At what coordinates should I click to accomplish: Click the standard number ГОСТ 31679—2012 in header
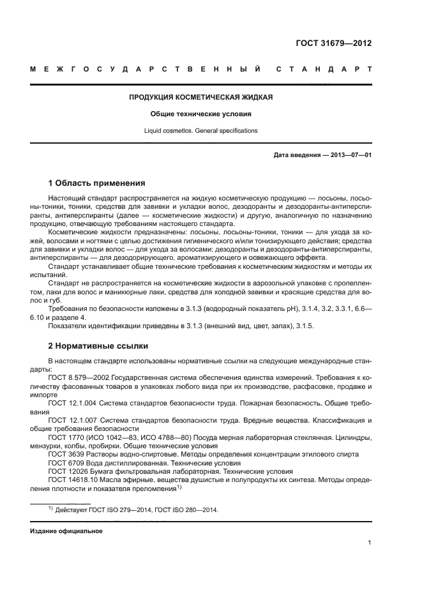[333, 43]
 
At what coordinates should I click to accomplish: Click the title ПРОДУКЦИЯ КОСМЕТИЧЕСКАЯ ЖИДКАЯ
[201, 98]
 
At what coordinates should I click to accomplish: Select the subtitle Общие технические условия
[201, 114]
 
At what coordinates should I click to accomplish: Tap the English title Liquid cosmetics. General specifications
[201, 130]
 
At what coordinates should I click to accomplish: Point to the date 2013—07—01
[350, 155]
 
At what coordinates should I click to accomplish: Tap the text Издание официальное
[66, 531]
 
